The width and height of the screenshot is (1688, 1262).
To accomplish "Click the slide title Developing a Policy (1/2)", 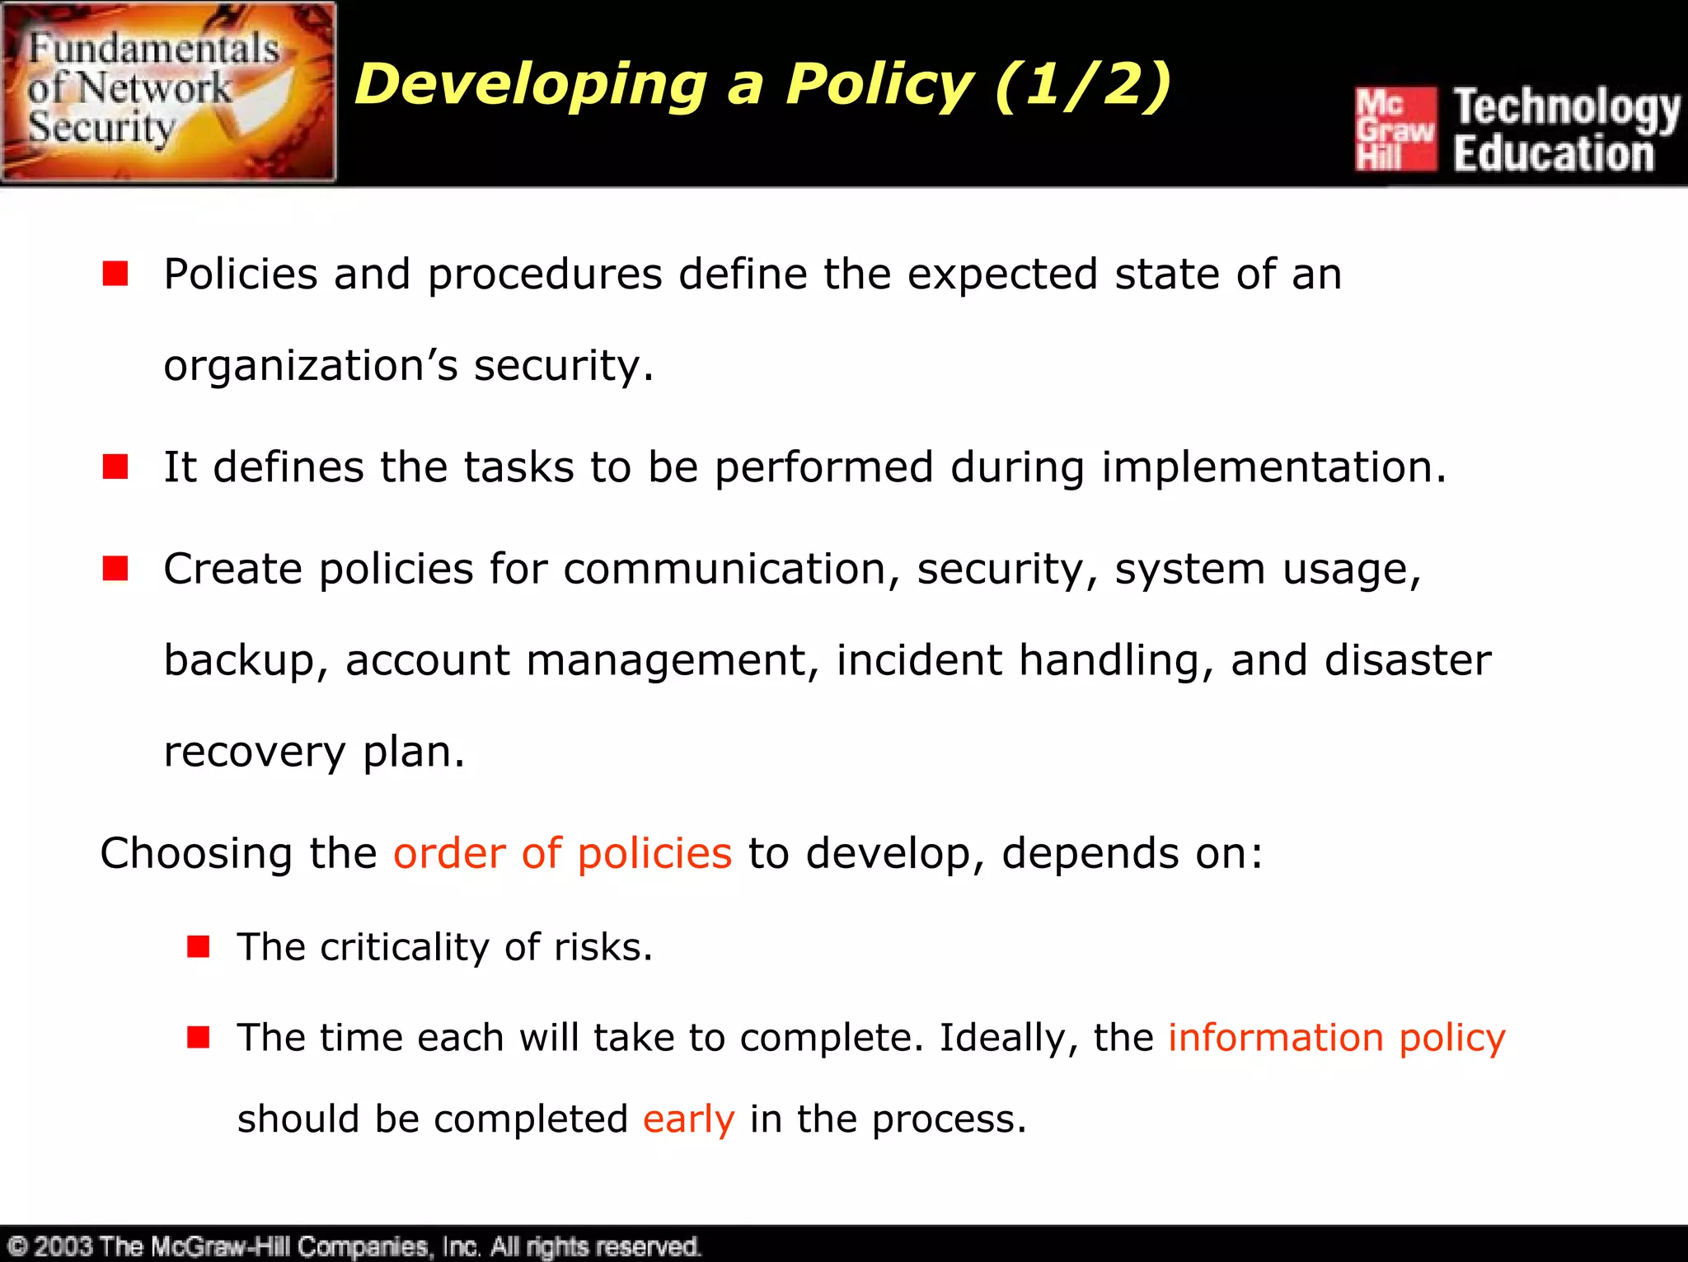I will pyautogui.click(x=762, y=85).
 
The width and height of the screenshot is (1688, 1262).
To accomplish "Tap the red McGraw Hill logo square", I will pyautogui.click(x=1395, y=129).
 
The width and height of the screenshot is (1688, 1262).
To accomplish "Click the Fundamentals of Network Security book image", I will pyautogui.click(x=168, y=91).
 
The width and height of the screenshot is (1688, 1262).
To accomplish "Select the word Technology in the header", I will pyautogui.click(x=1565, y=108).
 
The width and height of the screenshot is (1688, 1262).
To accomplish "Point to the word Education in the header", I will pyautogui.click(x=1553, y=154).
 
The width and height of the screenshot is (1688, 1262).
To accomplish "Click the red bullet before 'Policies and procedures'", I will pyautogui.click(x=115, y=274).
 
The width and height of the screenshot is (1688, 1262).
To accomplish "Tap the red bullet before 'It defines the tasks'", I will pyautogui.click(x=115, y=467).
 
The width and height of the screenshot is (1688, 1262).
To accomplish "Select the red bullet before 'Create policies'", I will pyautogui.click(x=115, y=568).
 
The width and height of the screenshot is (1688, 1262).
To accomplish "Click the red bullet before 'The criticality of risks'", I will pyautogui.click(x=198, y=946).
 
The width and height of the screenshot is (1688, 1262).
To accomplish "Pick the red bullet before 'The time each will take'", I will pyautogui.click(x=198, y=1037).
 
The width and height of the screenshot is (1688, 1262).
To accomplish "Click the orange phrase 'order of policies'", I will pyautogui.click(x=562, y=853).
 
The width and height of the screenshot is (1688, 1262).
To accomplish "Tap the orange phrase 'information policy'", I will pyautogui.click(x=1336, y=1038).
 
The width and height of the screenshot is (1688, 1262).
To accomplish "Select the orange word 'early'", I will pyautogui.click(x=688, y=1120).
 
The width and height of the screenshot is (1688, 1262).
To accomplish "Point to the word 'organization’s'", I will pyautogui.click(x=310, y=366).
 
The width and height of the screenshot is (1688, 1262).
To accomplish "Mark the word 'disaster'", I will pyautogui.click(x=1408, y=660).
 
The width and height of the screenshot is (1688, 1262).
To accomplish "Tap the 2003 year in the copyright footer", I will pyautogui.click(x=63, y=1246).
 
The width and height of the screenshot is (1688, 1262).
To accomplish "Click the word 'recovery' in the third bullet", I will pyautogui.click(x=255, y=753).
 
